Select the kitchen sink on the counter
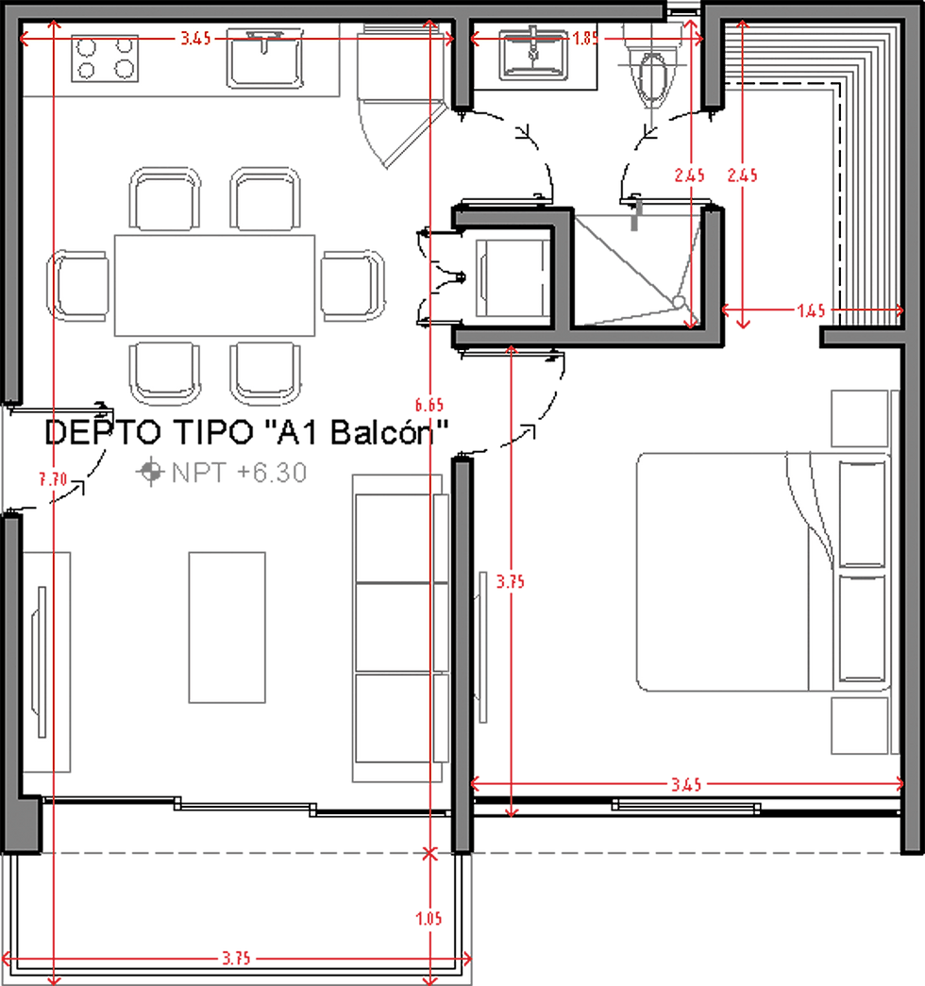(264, 57)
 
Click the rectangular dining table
(214, 285)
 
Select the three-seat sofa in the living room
(398, 627)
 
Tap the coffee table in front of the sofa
(227, 627)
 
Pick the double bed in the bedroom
(736, 572)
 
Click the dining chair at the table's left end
(82, 285)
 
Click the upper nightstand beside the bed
(860, 419)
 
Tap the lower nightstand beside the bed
(860, 725)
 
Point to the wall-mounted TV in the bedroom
(483, 646)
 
